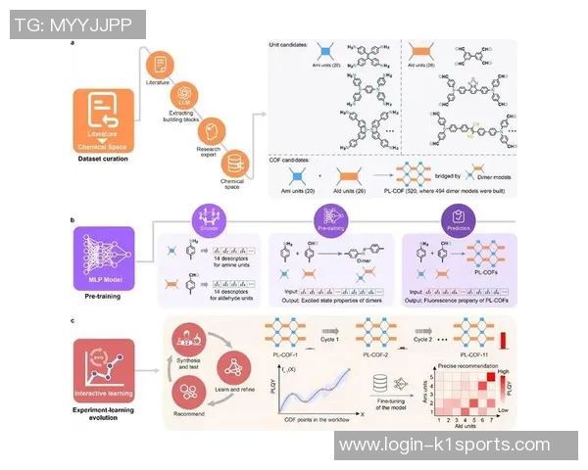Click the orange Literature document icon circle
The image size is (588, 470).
[156, 65]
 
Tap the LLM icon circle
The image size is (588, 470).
[182, 99]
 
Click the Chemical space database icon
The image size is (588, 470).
[234, 162]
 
